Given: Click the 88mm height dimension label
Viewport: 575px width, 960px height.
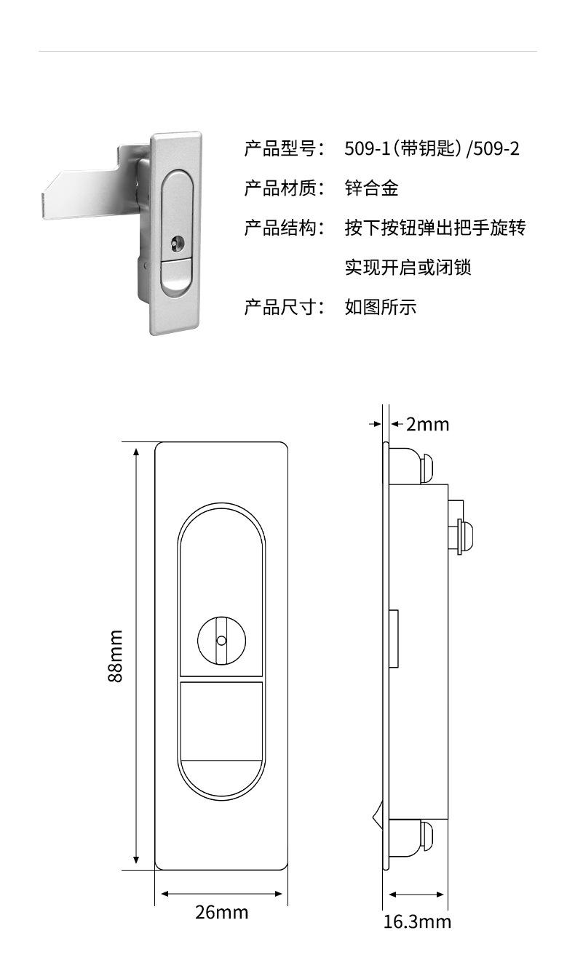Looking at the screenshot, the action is tap(116, 655).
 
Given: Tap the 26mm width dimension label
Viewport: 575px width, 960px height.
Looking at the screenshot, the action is tap(222, 913).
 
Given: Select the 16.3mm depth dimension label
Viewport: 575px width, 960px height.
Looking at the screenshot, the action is tap(417, 922).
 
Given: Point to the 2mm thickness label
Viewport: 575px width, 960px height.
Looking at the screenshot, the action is tap(427, 424).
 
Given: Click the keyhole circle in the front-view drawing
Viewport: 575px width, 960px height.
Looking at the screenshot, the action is tap(221, 641).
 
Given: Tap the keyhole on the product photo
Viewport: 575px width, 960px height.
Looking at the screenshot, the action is tap(175, 242).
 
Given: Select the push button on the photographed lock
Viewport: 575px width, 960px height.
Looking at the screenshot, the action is tap(176, 276).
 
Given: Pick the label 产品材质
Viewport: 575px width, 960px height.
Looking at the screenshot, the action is tap(281, 188).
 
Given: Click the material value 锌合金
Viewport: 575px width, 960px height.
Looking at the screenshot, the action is tap(372, 188).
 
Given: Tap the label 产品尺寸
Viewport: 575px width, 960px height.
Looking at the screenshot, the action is tap(281, 307).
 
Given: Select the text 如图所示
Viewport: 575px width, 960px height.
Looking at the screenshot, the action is tap(381, 307).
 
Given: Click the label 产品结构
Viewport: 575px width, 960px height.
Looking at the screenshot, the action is tap(281, 228).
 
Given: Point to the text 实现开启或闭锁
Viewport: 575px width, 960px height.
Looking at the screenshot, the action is tap(408, 268).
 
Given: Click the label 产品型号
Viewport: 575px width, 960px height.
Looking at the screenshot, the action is tap(281, 148).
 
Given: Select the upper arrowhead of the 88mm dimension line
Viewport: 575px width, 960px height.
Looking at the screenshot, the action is tap(136, 452).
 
